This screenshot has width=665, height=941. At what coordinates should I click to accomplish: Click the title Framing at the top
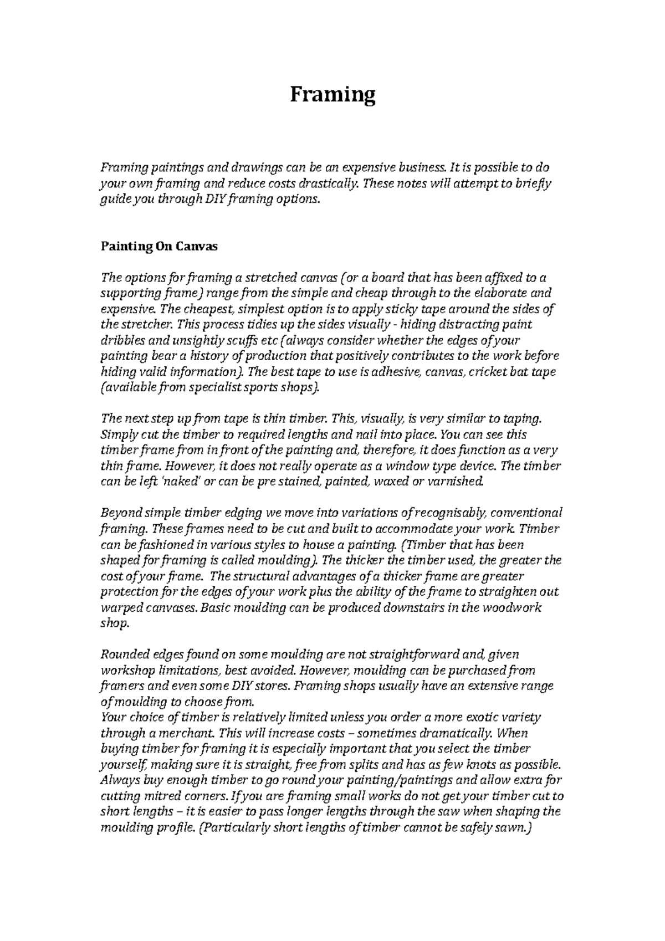pyautogui.click(x=333, y=95)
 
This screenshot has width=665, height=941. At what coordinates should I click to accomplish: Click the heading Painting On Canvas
pyautogui.click(x=159, y=247)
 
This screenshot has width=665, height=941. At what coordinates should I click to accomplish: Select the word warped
pyautogui.click(x=120, y=607)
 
